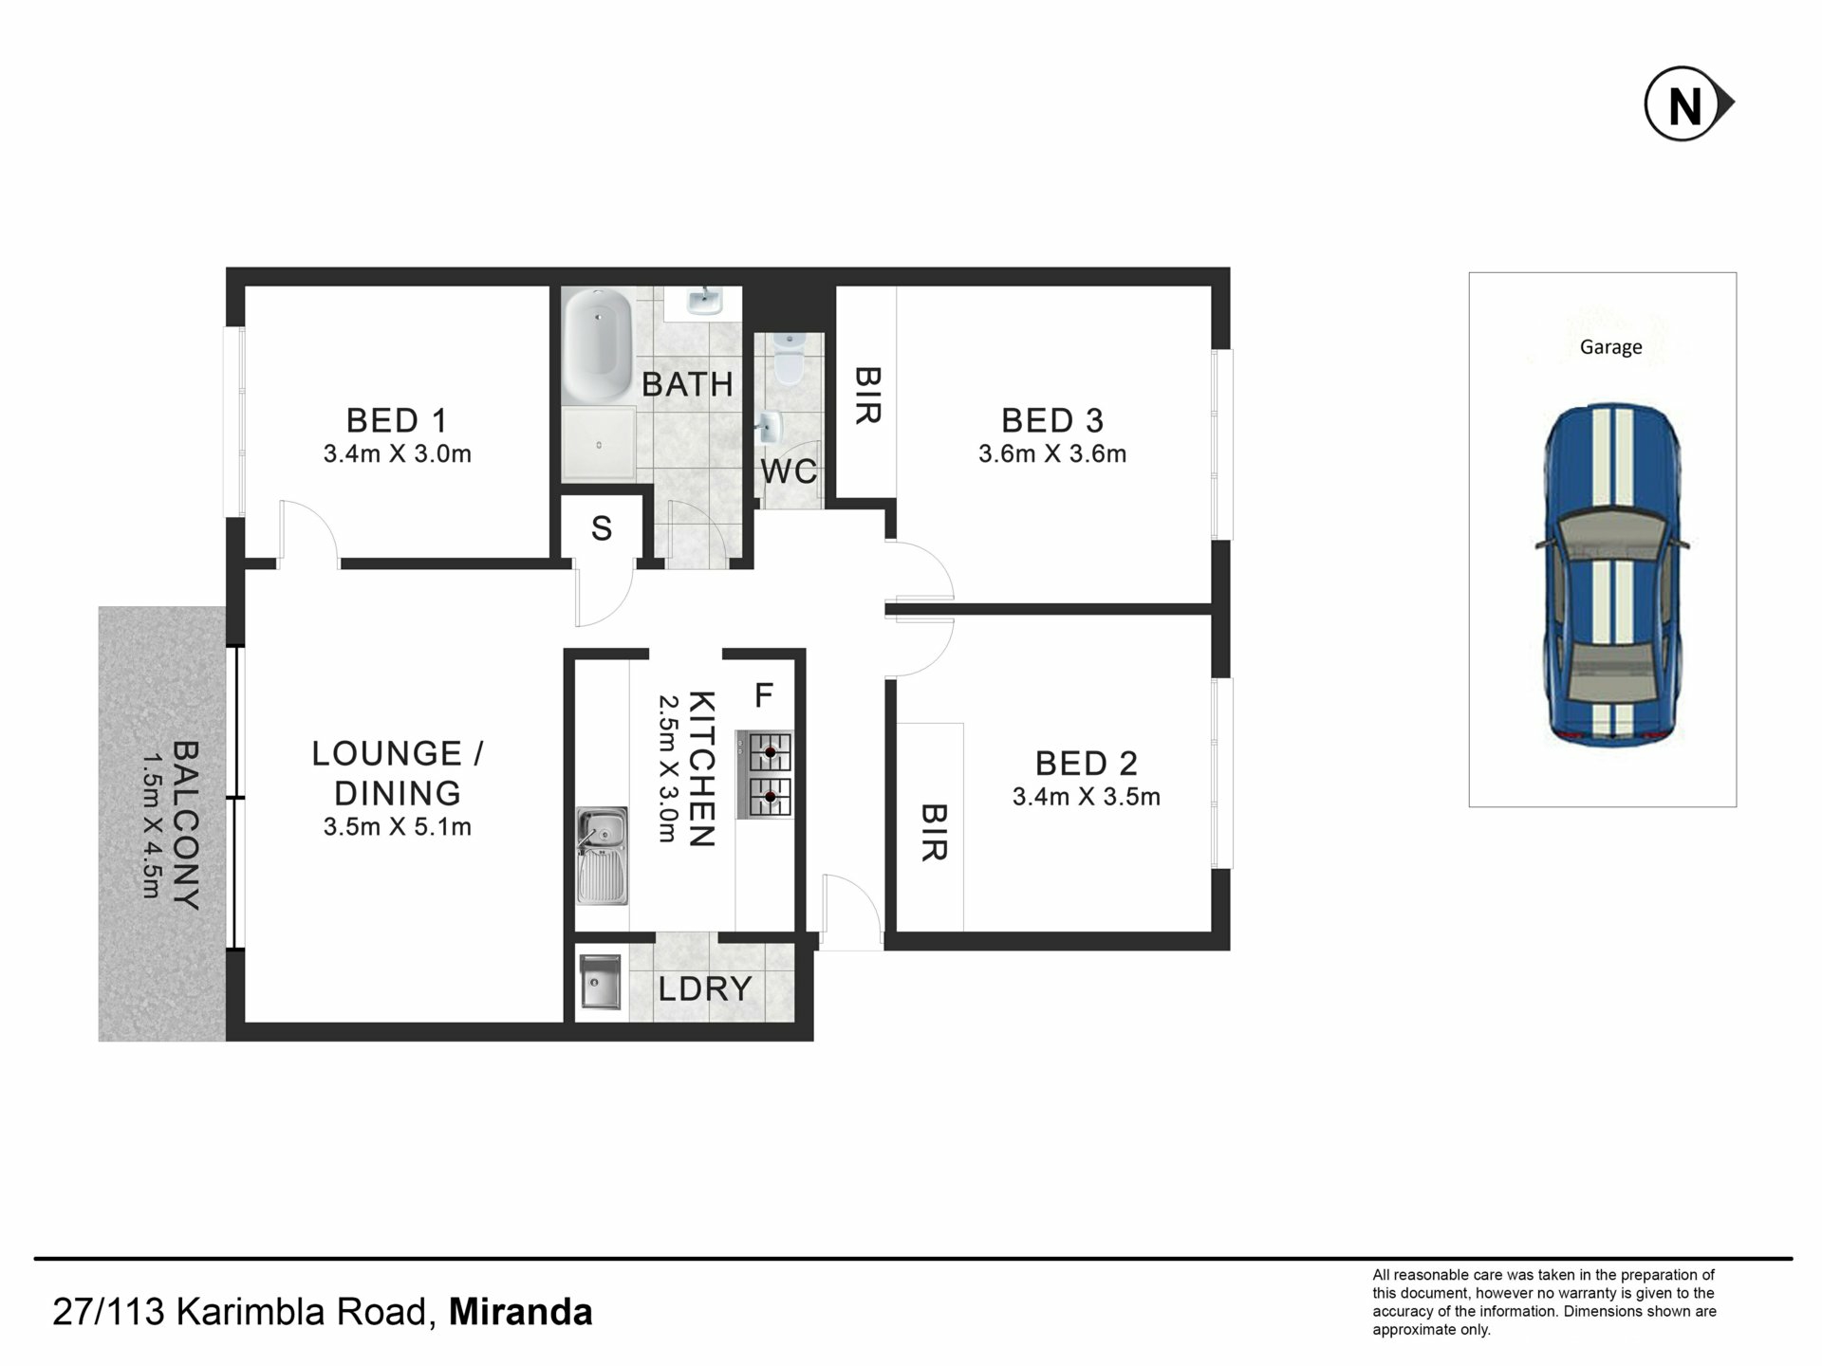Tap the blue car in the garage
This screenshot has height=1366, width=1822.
1611,574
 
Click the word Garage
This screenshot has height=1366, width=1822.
1610,347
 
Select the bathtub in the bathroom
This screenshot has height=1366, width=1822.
597,346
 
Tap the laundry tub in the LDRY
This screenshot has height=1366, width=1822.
600,982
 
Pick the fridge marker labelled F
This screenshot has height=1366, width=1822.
763,695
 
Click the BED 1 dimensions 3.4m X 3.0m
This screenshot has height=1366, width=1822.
398,453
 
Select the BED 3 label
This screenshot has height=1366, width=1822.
1052,419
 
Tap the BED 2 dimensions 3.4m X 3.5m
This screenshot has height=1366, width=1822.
1087,797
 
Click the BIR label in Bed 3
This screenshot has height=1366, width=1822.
868,396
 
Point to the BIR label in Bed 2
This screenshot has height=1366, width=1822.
934,832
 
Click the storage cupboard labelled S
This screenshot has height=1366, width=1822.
601,528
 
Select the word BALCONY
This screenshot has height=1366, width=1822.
186,825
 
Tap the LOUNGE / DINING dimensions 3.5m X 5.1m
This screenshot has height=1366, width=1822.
398,827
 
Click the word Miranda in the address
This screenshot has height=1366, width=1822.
521,1312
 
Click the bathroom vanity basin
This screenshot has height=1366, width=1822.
702,303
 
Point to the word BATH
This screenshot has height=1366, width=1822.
687,384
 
